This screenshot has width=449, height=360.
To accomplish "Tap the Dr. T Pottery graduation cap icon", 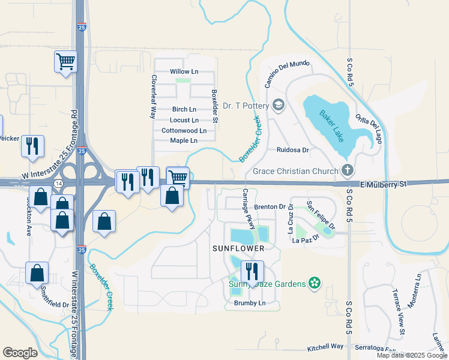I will click(278, 106).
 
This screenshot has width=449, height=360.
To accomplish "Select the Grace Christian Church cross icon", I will click(347, 171).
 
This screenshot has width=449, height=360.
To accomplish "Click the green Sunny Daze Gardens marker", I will click(313, 283).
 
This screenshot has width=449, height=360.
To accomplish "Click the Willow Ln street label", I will click(184, 71).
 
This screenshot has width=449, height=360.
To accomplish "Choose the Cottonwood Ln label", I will click(184, 130).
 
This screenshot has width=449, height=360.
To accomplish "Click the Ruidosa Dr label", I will click(292, 150).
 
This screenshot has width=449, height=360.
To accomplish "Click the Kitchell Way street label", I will click(325, 347).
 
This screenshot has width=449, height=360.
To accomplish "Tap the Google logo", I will click(20, 353).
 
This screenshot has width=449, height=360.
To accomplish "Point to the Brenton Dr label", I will click(269, 206).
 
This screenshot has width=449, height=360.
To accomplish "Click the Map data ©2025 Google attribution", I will click(411, 355).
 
